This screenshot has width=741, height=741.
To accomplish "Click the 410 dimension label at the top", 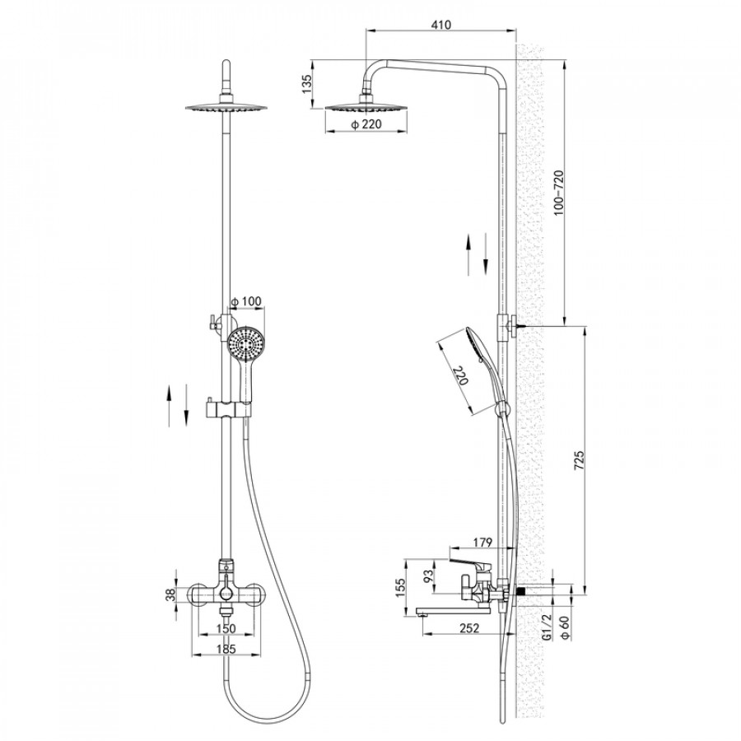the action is (441, 24).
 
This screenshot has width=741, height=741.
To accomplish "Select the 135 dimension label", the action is (308, 85).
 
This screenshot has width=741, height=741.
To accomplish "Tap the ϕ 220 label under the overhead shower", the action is (366, 124).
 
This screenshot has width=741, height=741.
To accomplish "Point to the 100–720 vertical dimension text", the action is (559, 193).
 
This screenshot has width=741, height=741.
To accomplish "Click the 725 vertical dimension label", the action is (580, 460).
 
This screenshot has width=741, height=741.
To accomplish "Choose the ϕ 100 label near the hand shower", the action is (245, 301).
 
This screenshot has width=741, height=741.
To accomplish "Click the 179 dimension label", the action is (482, 542).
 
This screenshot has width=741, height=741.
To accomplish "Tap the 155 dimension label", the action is (401, 587).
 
